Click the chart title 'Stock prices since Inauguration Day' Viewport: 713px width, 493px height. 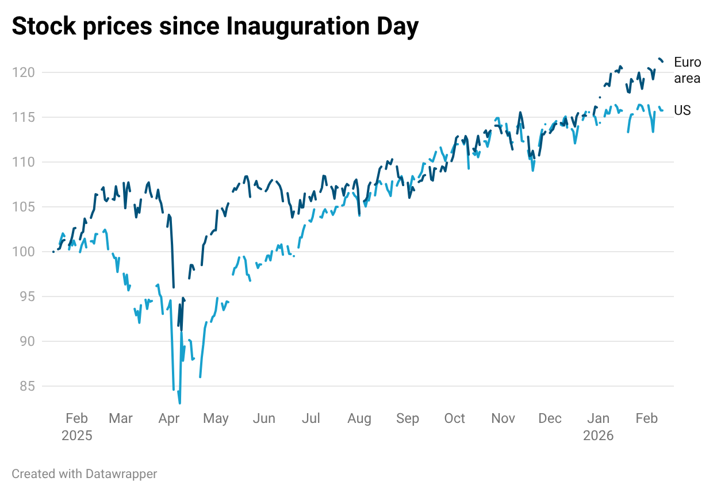click(215, 26)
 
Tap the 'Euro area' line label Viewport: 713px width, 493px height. click(687, 70)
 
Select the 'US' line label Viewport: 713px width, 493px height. click(682, 110)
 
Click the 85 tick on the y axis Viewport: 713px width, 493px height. click(26, 386)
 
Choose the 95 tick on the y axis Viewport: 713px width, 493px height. click(26, 296)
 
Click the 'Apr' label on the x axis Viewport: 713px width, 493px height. click(168, 418)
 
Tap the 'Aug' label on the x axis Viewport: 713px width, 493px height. click(359, 418)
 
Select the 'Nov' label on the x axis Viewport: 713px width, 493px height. click(503, 418)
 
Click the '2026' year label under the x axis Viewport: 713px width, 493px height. click(599, 436)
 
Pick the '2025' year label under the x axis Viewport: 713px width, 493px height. click(77, 436)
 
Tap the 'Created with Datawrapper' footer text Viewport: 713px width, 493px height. click(85, 474)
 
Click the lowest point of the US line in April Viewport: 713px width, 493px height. click(179, 403)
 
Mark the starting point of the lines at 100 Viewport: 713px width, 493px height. click(53, 252)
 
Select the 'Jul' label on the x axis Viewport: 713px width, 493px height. click(311, 418)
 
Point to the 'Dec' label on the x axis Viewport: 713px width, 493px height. click(550, 418)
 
